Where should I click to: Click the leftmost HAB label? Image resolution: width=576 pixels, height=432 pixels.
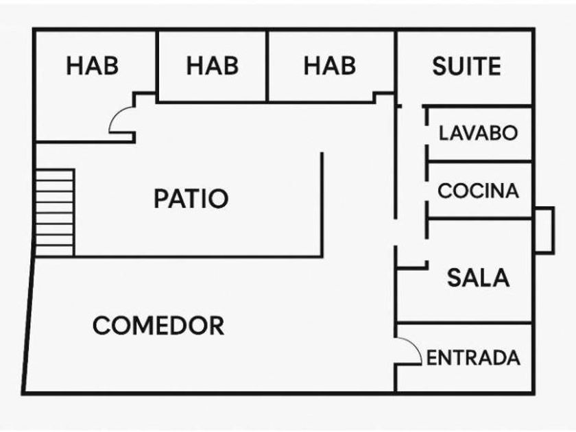click(93, 66)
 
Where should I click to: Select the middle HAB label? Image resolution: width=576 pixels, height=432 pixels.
click(213, 66)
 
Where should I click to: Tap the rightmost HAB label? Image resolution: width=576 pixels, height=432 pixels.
click(330, 66)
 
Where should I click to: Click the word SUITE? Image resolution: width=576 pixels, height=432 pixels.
click(466, 66)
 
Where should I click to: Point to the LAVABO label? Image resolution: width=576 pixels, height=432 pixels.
click(479, 132)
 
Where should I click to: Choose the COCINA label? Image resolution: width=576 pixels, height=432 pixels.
click(479, 191)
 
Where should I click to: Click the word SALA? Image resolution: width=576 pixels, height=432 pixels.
click(479, 278)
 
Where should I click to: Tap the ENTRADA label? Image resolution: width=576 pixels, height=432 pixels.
click(473, 358)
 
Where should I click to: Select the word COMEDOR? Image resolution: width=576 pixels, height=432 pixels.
click(158, 326)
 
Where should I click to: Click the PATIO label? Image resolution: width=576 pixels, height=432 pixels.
click(191, 199)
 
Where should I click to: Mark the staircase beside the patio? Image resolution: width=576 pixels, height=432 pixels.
click(55, 213)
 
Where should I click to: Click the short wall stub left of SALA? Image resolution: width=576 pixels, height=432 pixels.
click(412, 265)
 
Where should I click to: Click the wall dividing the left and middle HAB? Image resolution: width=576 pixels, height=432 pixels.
click(158, 66)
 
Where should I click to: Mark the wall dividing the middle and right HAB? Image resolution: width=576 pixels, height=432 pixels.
click(267, 66)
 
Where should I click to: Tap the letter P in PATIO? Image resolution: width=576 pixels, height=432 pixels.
click(160, 199)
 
